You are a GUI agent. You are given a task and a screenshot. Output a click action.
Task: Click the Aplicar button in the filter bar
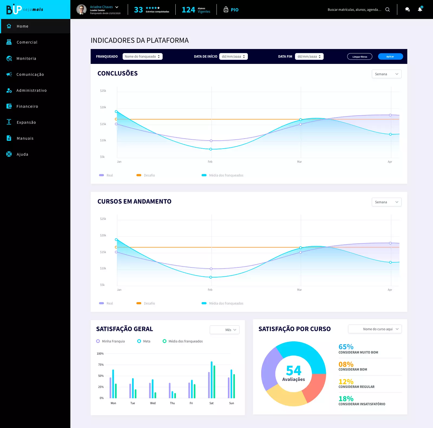tap(390, 57)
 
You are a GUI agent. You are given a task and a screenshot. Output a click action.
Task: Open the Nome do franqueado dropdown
tap(142, 57)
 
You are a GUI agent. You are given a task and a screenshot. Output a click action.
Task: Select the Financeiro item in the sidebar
tap(27, 106)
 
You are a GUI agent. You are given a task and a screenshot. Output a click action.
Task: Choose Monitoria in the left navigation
tap(26, 58)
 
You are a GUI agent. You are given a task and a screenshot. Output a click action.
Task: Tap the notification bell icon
tap(420, 9)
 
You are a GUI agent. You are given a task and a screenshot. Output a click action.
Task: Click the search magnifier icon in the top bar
tap(388, 9)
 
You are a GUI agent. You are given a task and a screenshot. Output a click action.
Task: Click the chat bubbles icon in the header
tap(407, 9)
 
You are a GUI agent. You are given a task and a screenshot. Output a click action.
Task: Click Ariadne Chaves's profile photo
tap(81, 9)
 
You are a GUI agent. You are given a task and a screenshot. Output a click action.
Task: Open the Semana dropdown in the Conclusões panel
tap(386, 74)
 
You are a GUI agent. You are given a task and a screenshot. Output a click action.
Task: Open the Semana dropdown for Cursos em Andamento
tap(386, 202)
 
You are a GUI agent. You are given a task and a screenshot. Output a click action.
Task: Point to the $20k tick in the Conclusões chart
tap(103, 107)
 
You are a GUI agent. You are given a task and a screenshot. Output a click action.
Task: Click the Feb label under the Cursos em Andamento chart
tap(210, 290)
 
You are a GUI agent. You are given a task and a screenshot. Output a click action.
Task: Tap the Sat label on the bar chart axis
tap(211, 403)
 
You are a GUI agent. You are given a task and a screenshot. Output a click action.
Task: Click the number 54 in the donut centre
tap(294, 370)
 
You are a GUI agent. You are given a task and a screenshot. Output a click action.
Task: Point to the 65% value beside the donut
tap(346, 347)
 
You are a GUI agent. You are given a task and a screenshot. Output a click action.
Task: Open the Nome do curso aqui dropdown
tap(375, 329)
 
